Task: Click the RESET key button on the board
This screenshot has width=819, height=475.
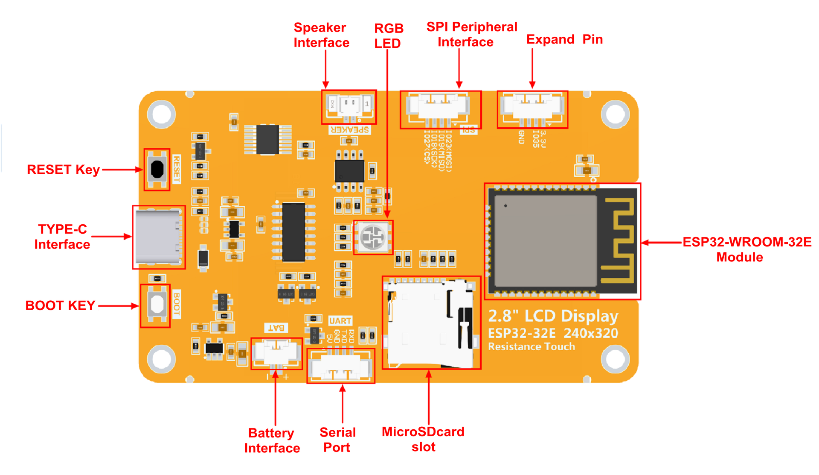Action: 157,169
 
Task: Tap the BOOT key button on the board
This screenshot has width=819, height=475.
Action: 157,304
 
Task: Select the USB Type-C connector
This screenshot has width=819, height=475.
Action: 158,237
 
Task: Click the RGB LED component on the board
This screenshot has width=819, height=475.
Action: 373,237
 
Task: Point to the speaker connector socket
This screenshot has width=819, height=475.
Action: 349,106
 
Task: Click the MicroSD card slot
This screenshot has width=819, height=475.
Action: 431,323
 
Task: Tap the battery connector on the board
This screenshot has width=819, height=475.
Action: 276,353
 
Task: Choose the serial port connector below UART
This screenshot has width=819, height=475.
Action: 340,366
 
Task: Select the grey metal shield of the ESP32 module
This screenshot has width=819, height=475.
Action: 545,241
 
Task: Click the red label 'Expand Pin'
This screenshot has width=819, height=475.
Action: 564,39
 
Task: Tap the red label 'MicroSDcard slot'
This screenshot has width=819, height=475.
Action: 423,439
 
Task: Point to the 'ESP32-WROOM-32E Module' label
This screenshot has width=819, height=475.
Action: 746,249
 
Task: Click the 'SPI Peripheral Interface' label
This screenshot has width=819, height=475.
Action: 471,35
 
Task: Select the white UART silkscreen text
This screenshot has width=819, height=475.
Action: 340,321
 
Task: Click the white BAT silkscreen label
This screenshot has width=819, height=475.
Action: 276,328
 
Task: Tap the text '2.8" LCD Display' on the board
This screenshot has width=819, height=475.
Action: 553,316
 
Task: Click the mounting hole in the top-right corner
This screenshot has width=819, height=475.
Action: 615,114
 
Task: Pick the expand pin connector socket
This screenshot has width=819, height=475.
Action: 532,108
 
